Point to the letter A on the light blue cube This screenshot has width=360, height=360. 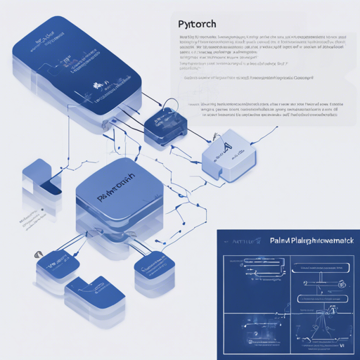click(x=226, y=147)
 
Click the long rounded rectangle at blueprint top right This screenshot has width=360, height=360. click(x=320, y=267)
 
